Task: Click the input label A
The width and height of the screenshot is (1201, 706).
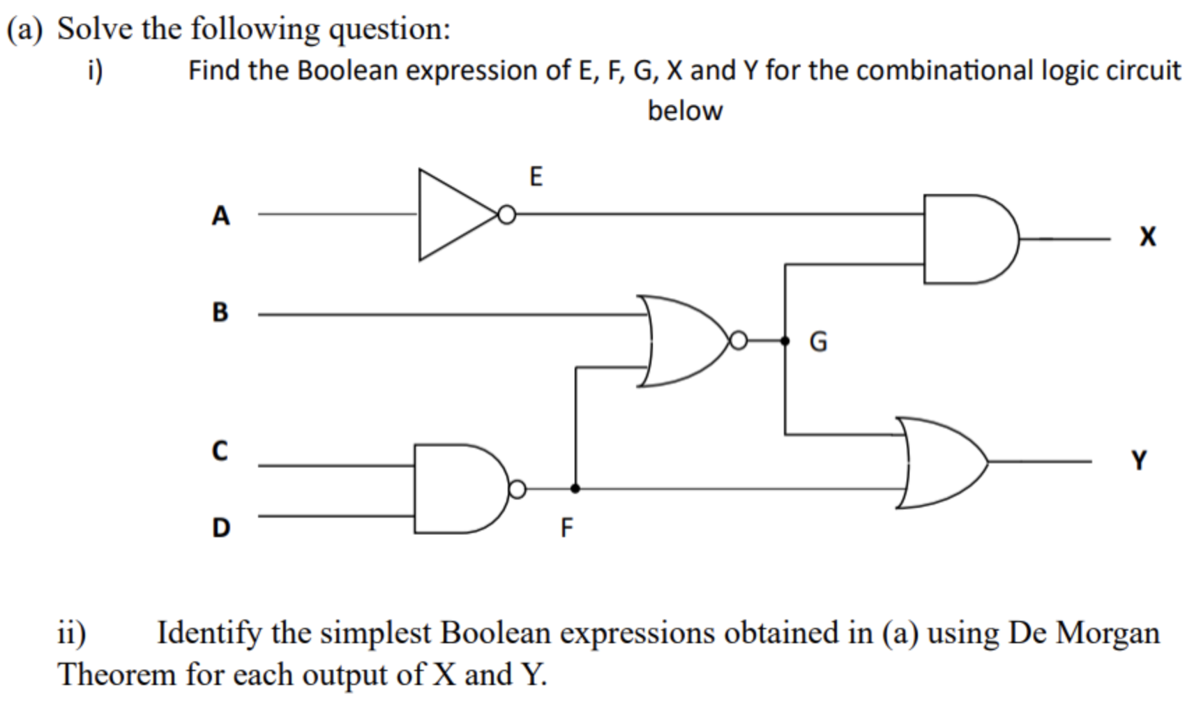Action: (x=220, y=216)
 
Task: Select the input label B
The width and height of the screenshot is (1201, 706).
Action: (x=220, y=312)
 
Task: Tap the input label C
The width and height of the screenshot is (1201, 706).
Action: (x=220, y=451)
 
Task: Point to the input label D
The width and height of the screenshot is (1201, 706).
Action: (x=220, y=527)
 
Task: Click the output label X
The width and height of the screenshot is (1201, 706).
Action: (x=1147, y=237)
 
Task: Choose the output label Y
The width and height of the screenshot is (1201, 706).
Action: (x=1139, y=460)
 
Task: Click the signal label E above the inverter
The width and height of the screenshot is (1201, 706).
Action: (x=536, y=176)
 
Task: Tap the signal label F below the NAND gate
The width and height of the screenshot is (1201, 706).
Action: (x=566, y=528)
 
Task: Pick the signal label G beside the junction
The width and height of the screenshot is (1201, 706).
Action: (x=818, y=342)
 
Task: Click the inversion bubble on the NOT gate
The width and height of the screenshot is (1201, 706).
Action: (x=507, y=215)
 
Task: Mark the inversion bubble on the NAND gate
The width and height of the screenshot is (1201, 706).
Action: (x=517, y=490)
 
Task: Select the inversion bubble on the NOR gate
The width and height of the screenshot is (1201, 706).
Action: (x=738, y=341)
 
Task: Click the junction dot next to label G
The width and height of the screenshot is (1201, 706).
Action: (x=785, y=341)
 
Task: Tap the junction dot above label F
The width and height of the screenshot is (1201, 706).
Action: (x=575, y=489)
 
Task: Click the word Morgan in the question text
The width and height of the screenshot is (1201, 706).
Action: (x=1108, y=633)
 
